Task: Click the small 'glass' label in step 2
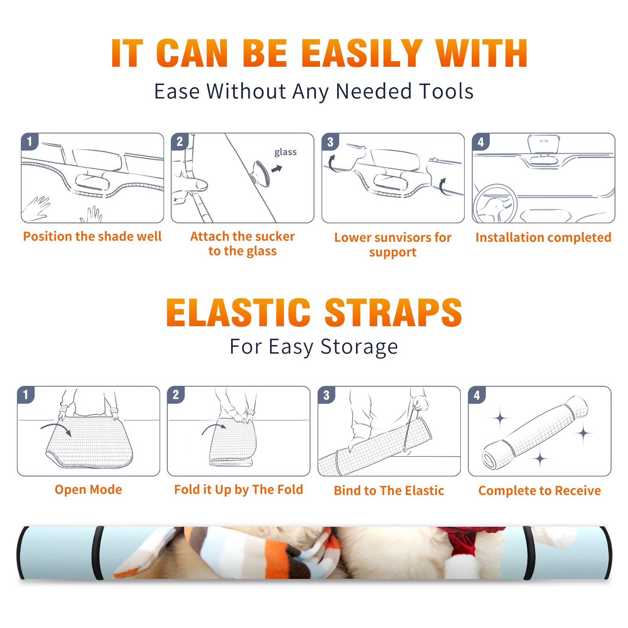pos(285,152)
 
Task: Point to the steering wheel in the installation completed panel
pos(495,204)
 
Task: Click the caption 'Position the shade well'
pos(92,236)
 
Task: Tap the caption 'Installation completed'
pos(543,237)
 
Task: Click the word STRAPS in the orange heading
pos(393,312)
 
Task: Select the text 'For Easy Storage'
pos(314,347)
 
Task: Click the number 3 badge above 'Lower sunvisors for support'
pos(330,142)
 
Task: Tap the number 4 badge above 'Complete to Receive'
pos(477,395)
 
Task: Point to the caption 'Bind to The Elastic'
pos(389,491)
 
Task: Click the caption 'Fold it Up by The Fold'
pos(239,489)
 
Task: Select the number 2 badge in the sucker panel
pos(180,142)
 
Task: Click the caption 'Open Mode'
pos(88,489)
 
